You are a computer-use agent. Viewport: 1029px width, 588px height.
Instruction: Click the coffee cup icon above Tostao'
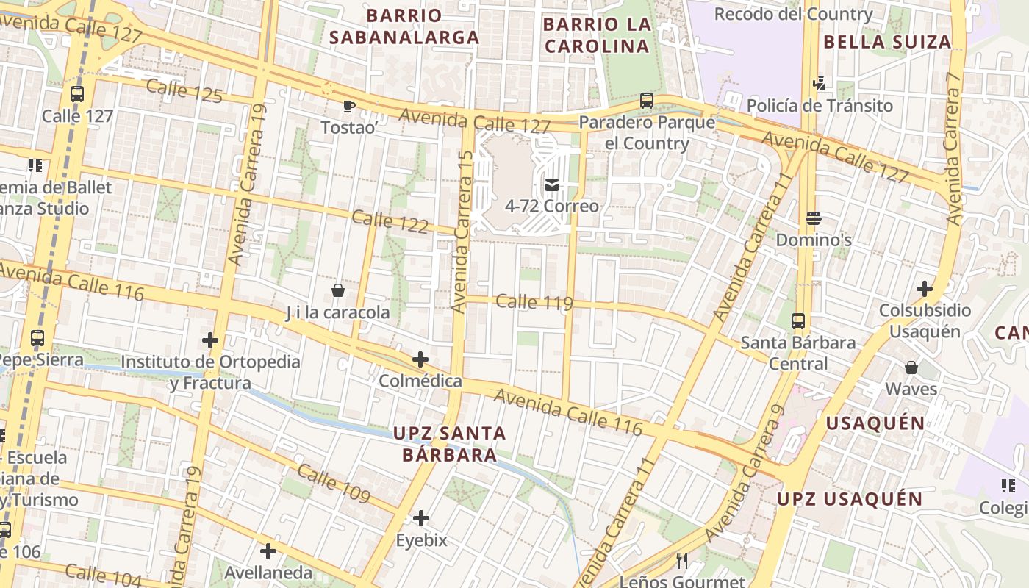coord(349,107)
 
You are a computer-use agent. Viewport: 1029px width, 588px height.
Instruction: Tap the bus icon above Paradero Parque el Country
coord(647,101)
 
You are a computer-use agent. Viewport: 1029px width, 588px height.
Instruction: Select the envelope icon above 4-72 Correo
coord(552,185)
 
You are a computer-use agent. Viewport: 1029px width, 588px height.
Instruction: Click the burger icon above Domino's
coord(814,218)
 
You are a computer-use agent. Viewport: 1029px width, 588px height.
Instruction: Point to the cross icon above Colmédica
coord(420,359)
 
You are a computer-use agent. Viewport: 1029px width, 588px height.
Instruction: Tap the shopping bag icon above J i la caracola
coord(338,290)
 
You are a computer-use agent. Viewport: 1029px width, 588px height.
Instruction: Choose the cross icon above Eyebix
coord(421,519)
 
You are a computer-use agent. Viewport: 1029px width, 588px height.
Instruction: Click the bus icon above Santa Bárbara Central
coord(798,321)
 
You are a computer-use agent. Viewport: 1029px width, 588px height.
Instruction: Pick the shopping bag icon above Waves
coord(911,367)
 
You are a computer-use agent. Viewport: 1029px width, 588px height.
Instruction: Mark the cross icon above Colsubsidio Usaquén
coord(925,289)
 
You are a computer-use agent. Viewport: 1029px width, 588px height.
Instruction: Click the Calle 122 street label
coord(390,222)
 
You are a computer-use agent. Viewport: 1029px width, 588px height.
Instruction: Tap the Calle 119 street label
coord(534,302)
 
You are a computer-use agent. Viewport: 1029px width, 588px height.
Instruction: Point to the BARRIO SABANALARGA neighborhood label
coord(404,26)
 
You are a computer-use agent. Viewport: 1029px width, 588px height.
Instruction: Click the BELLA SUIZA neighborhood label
coord(887,42)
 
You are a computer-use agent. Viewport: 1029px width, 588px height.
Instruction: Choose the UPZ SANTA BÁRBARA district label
coord(449,444)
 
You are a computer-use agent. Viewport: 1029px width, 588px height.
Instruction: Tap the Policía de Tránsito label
coord(820,106)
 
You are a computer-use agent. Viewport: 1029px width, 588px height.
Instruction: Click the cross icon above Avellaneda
coord(268,551)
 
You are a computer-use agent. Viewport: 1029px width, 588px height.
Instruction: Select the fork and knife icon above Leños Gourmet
coord(682,561)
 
